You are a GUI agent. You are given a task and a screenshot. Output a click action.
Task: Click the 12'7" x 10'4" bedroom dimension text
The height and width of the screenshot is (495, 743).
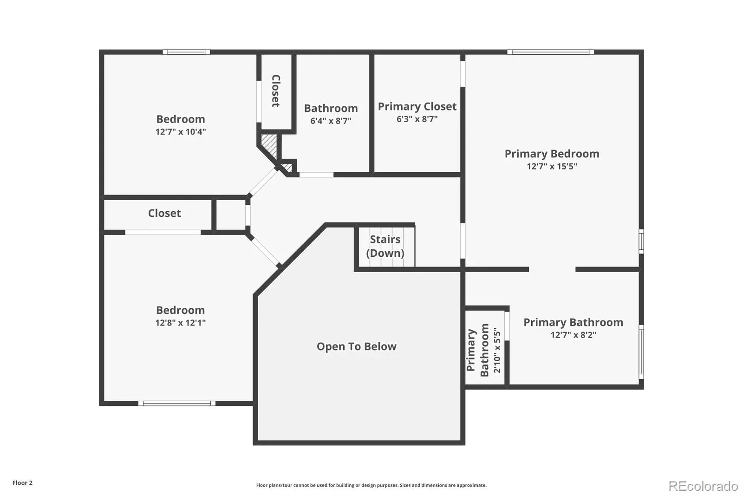[181, 132]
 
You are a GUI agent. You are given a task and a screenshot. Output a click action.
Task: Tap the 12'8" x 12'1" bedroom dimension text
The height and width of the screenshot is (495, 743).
[181, 322]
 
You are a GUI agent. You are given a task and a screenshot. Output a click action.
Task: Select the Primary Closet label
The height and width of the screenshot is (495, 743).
[417, 106]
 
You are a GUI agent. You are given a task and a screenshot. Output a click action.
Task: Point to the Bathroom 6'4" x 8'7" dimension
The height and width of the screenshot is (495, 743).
[331, 121]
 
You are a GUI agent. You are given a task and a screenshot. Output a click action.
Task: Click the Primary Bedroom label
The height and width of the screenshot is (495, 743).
[552, 154]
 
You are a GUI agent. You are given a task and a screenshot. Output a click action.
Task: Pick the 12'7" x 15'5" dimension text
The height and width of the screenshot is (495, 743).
[552, 166]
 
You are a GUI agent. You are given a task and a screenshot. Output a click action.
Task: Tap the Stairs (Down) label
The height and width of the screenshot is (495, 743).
[385, 246]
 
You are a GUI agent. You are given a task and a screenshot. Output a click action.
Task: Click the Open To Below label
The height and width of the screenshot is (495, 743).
[357, 346]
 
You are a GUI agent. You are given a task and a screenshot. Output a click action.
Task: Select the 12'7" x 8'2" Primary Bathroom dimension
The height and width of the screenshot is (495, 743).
[574, 335]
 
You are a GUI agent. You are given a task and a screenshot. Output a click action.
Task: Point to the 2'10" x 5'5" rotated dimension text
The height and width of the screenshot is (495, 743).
[497, 350]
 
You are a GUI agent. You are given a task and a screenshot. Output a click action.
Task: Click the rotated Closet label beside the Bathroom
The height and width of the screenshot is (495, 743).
[276, 91]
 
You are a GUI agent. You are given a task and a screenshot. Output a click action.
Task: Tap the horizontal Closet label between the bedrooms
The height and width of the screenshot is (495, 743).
[164, 213]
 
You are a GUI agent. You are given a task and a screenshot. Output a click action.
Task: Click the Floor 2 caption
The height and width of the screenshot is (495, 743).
[23, 483]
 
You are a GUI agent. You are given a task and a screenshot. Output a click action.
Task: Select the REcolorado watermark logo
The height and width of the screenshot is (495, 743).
[703, 486]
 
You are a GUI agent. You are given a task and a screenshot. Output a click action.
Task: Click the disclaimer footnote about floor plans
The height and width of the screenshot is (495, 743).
[371, 485]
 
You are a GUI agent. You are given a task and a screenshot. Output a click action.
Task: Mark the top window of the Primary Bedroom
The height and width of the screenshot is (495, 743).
[551, 52]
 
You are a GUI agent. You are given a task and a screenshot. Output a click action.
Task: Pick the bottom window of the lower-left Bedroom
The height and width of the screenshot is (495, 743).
[177, 404]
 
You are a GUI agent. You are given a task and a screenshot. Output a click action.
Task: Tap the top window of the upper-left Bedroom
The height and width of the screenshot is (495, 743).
[186, 52]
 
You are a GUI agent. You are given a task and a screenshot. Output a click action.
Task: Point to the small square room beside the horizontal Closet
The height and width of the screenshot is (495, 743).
[231, 215]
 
